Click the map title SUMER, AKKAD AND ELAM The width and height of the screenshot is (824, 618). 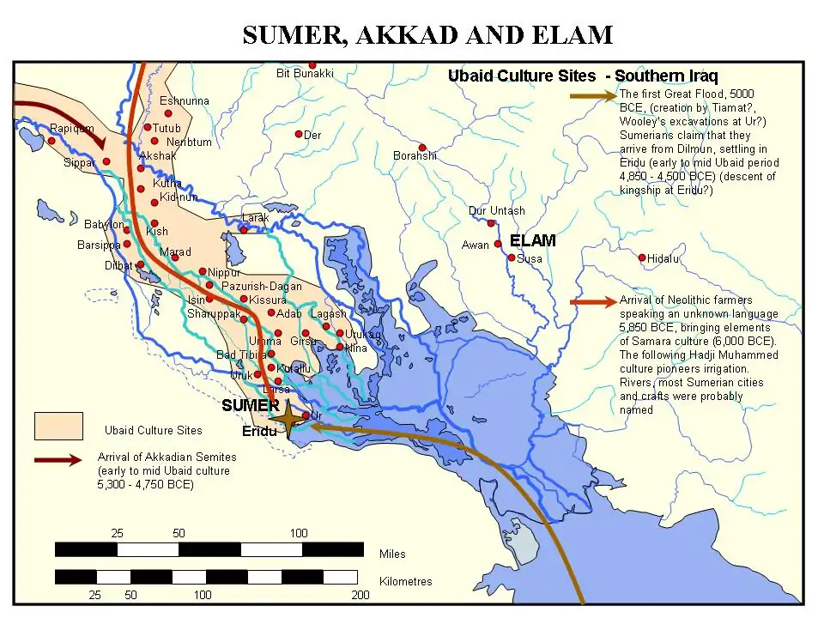click(x=427, y=34)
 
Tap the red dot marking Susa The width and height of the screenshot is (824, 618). click(x=512, y=257)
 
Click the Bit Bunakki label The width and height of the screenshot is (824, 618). click(x=305, y=74)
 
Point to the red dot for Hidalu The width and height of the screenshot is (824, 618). click(x=642, y=257)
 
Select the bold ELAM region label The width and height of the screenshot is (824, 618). click(x=532, y=240)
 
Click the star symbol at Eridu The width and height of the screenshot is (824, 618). click(x=289, y=415)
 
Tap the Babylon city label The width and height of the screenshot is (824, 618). click(x=104, y=224)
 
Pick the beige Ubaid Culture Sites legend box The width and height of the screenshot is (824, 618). click(x=58, y=426)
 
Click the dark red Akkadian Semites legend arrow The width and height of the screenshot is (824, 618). click(x=58, y=460)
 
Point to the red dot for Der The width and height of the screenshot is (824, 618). click(x=299, y=134)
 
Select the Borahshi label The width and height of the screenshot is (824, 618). click(x=415, y=155)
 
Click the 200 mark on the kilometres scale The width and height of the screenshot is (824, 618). click(x=360, y=595)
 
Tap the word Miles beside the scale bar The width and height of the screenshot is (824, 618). click(x=392, y=554)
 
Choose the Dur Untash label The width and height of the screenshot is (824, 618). click(x=496, y=210)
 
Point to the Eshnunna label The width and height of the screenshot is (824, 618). click(x=184, y=100)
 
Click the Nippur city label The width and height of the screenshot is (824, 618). click(x=224, y=272)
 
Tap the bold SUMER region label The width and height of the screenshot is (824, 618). click(x=250, y=404)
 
